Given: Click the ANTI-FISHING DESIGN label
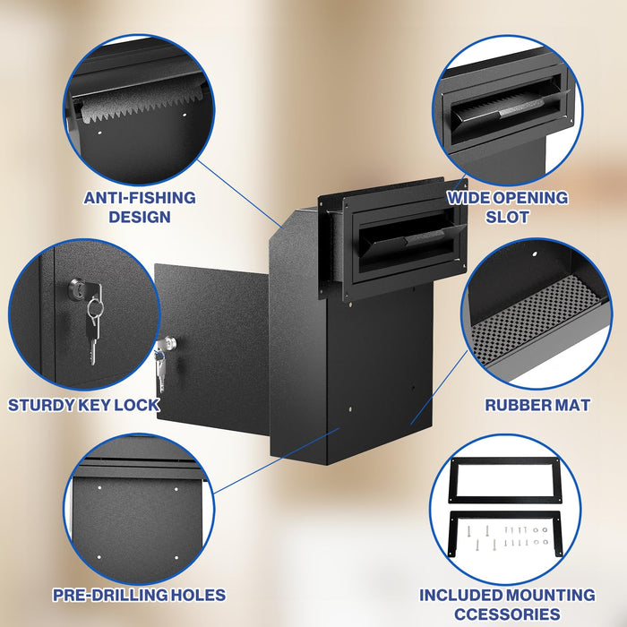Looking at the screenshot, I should tap(140, 207).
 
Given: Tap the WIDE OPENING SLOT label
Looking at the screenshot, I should tap(507, 207).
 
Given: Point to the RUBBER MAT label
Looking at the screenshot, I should tap(537, 405).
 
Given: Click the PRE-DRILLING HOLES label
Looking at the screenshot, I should tap(139, 595).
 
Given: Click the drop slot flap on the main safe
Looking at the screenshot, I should tap(403, 237).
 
